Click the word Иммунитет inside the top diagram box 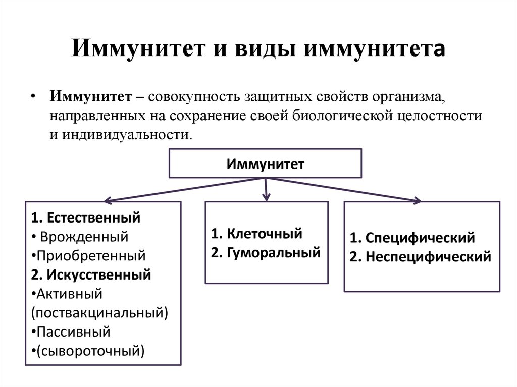tap(265, 163)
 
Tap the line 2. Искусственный tap(90, 274)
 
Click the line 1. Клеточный tap(256, 234)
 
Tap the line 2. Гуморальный tap(266, 252)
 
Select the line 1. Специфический tap(412, 238)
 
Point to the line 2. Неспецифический tap(420, 257)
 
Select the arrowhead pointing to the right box tap(417, 200)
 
